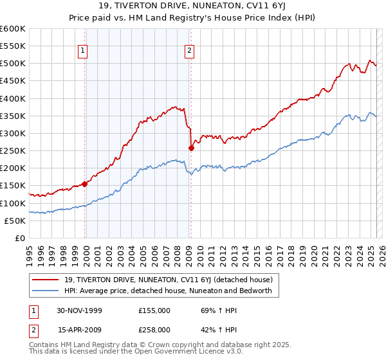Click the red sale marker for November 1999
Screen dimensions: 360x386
tap(85, 184)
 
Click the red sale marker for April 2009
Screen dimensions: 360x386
tap(191, 148)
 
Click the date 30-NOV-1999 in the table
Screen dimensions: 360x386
tap(80, 310)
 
